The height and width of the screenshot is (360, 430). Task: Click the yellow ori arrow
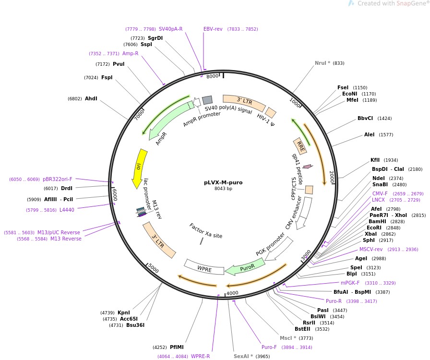point(140,168)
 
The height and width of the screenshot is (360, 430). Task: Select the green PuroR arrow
point(246,267)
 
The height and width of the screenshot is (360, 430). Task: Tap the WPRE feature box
point(204,268)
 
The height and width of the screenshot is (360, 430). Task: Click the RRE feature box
point(300,145)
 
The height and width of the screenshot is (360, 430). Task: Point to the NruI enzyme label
point(323,63)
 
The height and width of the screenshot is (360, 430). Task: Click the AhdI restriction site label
point(91,99)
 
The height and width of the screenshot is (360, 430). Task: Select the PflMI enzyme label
point(177,347)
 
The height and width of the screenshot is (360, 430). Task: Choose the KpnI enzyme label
point(124,312)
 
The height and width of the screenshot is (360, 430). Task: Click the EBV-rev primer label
point(213,29)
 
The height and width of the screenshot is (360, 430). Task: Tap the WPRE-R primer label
point(201,357)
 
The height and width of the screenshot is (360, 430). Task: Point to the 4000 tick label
point(232,293)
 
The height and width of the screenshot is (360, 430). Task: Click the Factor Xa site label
point(206,230)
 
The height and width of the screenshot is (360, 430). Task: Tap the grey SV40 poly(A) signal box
point(207,100)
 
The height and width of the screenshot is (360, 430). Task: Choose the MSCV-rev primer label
point(371,250)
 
